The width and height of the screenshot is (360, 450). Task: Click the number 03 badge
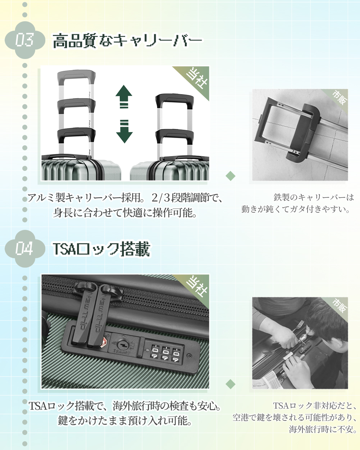(x=25, y=40)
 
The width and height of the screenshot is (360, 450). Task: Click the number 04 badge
(x=25, y=249)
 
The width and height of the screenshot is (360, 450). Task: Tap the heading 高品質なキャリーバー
(x=128, y=41)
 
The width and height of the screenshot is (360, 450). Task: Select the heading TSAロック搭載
(x=101, y=249)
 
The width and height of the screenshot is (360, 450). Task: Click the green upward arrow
(x=124, y=97)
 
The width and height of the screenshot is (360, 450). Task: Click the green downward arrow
(x=124, y=131)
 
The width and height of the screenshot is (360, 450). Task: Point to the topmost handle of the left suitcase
(x=76, y=77)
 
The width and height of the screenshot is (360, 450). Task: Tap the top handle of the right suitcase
(x=174, y=101)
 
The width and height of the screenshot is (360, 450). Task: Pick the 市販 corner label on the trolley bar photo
(x=338, y=98)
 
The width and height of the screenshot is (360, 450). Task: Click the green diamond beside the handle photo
(x=231, y=176)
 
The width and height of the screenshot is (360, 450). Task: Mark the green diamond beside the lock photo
(x=231, y=384)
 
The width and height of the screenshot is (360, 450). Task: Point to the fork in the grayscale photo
(x=298, y=327)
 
